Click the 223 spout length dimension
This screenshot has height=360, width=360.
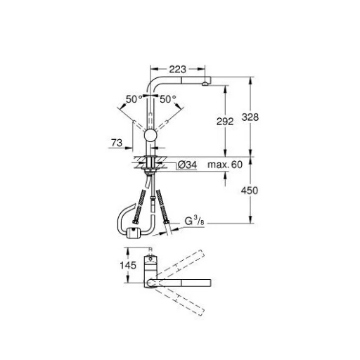(178, 68)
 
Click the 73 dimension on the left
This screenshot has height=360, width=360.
(117, 143)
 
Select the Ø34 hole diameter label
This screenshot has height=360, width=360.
(187, 165)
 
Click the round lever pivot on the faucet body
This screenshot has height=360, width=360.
(150, 136)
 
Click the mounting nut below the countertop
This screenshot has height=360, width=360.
(150, 167)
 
